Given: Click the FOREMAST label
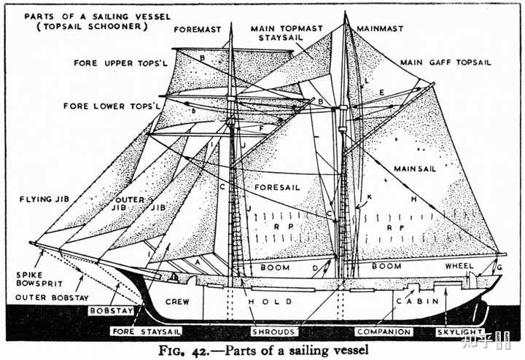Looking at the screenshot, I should tap(198, 30).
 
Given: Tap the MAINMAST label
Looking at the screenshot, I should tap(380, 28).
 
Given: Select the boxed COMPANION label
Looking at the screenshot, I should tap(384, 332).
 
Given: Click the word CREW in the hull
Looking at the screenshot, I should tap(177, 301).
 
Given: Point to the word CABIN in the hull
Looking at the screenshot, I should tap(419, 300).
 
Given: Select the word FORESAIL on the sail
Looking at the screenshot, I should tap(277, 187).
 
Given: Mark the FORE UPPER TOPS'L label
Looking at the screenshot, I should tap(113, 63).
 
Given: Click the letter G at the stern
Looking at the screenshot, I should tap(498, 268).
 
